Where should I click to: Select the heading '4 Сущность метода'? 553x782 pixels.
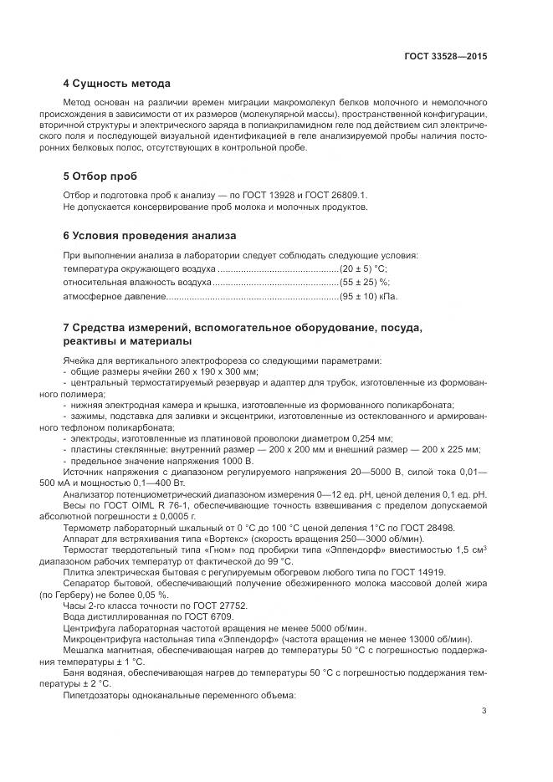pyautogui.click(x=116, y=84)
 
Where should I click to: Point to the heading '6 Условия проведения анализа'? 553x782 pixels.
pyautogui.click(x=149, y=235)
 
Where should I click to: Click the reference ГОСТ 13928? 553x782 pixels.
pyautogui.click(x=238, y=195)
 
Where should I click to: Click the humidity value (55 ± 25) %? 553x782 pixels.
pyautogui.click(x=364, y=283)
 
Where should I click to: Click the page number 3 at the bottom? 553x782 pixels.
pyautogui.click(x=484, y=711)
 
